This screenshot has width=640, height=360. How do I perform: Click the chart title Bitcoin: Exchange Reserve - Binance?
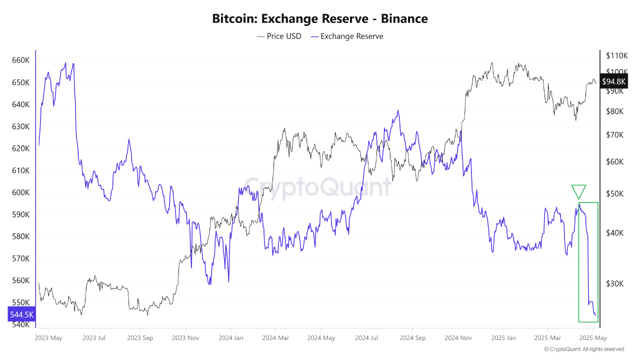click(x=320, y=19)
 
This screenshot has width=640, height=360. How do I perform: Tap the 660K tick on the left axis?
click(x=20, y=60)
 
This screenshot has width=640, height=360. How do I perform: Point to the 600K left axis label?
click(x=20, y=192)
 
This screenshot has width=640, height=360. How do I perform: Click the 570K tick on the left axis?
click(x=20, y=258)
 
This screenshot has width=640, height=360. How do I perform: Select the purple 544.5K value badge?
click(x=22, y=314)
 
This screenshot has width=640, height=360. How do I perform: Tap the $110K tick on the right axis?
click(x=616, y=55)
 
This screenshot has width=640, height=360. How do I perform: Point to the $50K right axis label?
click(x=614, y=193)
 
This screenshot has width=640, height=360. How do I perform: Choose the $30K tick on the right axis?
click(x=614, y=283)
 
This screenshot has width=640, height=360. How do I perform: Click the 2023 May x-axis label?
click(x=48, y=338)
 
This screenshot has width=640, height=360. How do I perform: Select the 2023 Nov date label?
click(x=185, y=338)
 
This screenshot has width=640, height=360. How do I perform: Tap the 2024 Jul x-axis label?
click(x=366, y=338)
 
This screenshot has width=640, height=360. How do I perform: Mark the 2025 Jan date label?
click(x=503, y=338)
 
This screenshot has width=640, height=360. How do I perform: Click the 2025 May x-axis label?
click(x=593, y=338)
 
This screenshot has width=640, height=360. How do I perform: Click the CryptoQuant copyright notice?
click(x=584, y=349)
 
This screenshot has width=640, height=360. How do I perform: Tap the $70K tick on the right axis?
click(x=614, y=135)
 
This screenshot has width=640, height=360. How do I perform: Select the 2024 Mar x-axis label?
click(x=276, y=338)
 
